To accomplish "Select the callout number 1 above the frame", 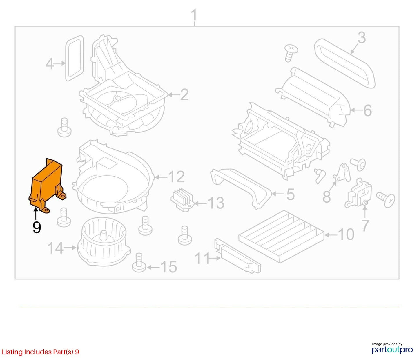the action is point(194,15).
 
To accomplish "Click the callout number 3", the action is point(361,38).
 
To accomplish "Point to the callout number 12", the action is point(176,177).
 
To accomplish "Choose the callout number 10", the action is point(346,234).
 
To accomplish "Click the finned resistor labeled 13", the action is point(182,199).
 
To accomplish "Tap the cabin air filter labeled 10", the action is point(281,237).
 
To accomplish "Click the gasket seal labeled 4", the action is point(75,58).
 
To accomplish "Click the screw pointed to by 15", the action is point(139,263).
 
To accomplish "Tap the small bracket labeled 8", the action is point(342,172).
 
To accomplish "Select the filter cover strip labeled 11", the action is point(237,255).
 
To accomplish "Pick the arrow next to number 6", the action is point(356,110).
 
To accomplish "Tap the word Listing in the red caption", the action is point(12,352).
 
